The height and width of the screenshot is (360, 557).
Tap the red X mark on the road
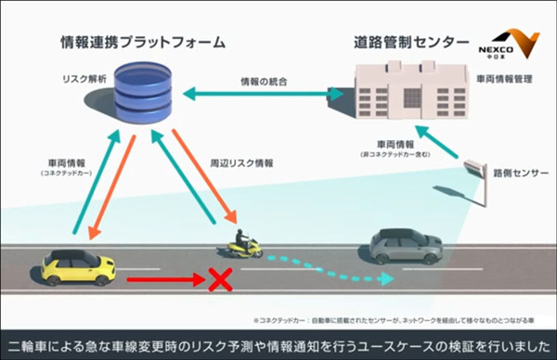click(219, 279)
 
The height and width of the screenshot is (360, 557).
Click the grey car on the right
click(406, 245)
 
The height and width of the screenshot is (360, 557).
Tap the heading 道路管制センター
click(406, 42)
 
